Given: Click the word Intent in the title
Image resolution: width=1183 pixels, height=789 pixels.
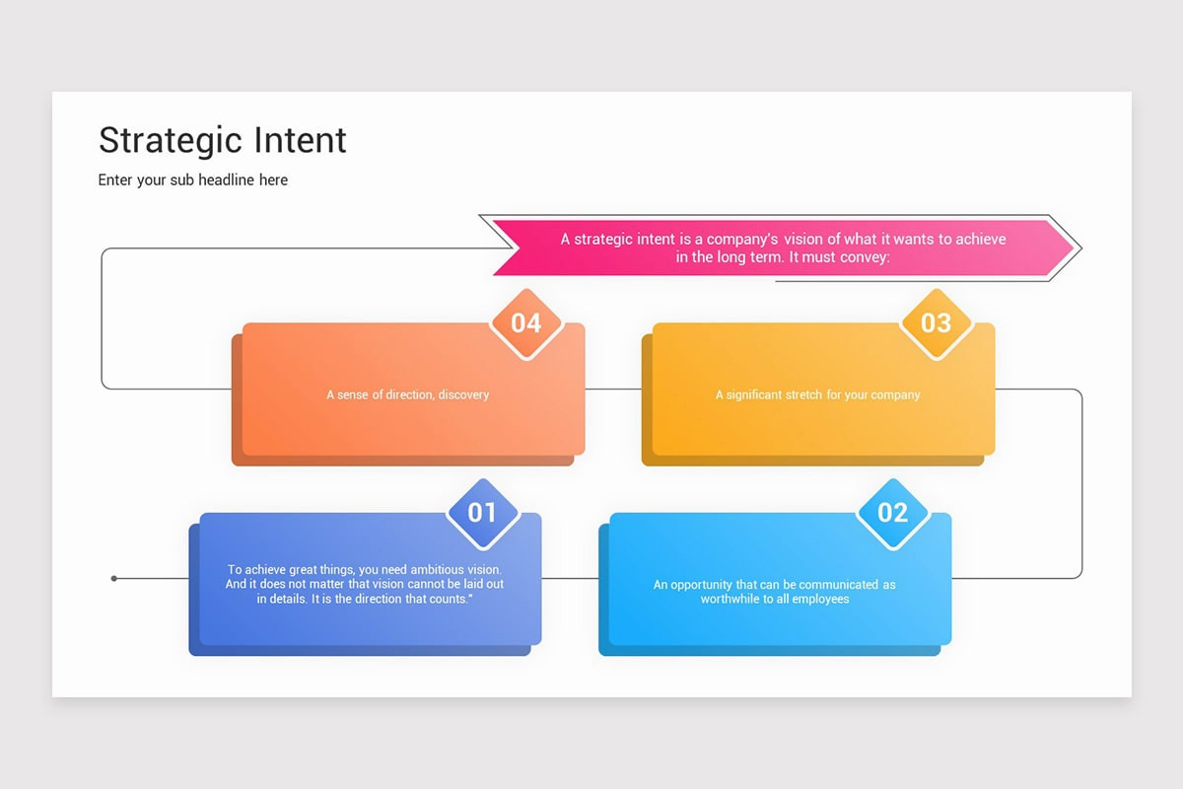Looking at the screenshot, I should [301, 140].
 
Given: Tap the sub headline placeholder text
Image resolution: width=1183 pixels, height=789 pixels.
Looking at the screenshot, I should [193, 180].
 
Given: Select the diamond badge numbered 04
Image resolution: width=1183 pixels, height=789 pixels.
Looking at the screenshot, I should [525, 323].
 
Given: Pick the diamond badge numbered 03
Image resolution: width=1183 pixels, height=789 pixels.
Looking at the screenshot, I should [936, 323].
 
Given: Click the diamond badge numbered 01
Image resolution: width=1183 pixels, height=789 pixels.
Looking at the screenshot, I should [482, 513].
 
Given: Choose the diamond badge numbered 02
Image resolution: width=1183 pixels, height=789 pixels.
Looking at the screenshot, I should [892, 513].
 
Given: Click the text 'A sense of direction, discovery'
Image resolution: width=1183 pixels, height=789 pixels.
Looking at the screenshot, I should [407, 394].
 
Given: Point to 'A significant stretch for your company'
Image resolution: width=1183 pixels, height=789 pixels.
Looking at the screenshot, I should [817, 394].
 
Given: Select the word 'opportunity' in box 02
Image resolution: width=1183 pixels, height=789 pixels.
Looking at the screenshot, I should [704, 585].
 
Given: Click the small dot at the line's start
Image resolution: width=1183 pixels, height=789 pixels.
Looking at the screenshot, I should [114, 578].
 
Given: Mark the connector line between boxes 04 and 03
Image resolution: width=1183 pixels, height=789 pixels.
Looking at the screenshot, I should [613, 389].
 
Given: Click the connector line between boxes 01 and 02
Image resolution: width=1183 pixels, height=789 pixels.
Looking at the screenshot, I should [570, 578].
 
